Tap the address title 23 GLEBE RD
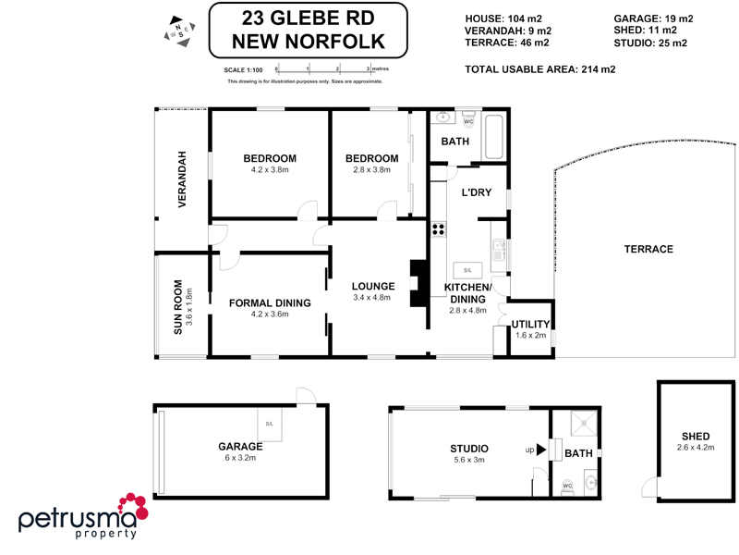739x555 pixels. point(309,18)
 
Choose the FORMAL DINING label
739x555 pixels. point(270,302)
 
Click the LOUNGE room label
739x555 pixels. point(373,286)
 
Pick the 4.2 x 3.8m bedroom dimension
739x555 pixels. point(270,170)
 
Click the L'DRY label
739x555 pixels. point(476,192)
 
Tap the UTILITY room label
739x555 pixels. point(531,324)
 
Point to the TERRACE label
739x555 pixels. point(648,249)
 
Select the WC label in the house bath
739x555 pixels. point(467,121)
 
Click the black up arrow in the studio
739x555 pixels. point(541,450)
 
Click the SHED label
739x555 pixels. point(695,436)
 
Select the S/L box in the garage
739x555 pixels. point(270,425)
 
